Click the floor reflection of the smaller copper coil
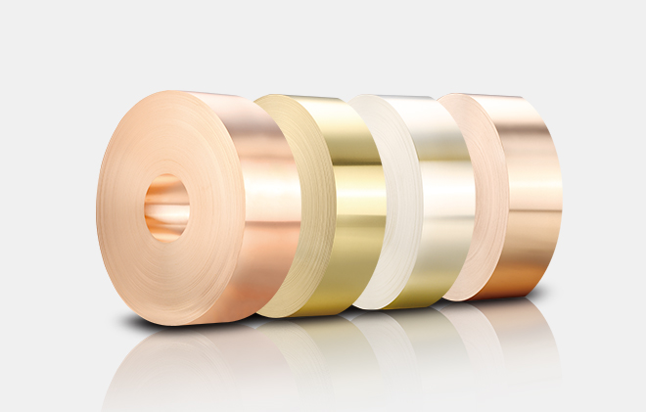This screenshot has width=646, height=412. [x=509, y=328]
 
